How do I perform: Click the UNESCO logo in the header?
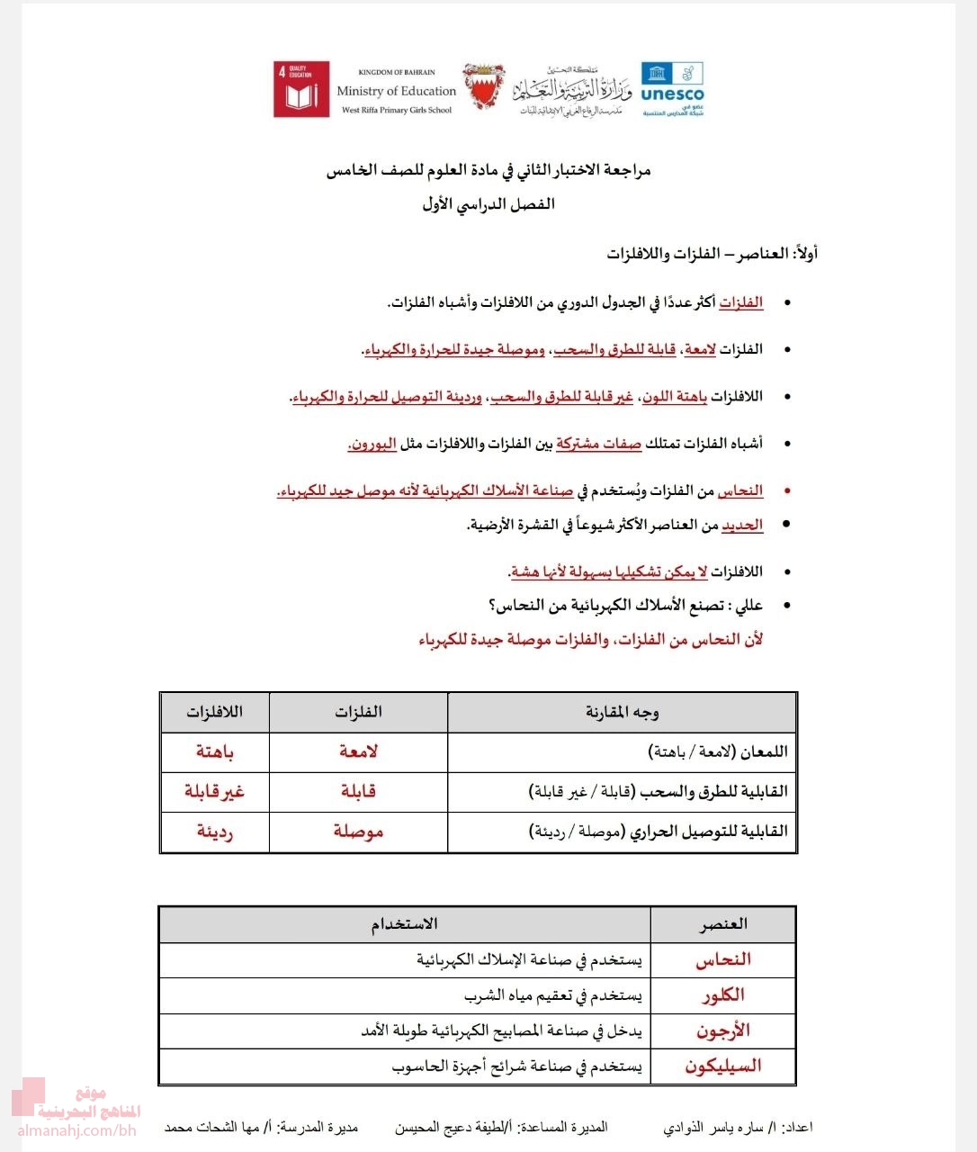click(x=672, y=88)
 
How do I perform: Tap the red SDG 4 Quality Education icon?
click(x=301, y=89)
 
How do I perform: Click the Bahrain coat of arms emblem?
click(x=484, y=87)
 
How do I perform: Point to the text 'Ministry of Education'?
click(x=396, y=91)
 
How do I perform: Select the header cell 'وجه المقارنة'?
click(x=622, y=713)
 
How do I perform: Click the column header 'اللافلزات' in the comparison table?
click(x=215, y=713)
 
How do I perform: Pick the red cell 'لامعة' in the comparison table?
click(x=358, y=751)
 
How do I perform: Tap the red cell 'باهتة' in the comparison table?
click(x=215, y=751)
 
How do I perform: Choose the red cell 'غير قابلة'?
click(x=215, y=791)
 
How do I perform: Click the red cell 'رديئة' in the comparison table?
click(x=215, y=832)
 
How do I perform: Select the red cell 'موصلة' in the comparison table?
click(x=358, y=832)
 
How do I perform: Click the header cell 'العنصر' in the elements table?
click(x=723, y=924)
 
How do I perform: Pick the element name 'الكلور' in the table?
click(x=723, y=995)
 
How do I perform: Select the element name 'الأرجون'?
click(x=723, y=1030)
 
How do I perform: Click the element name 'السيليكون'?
click(x=723, y=1066)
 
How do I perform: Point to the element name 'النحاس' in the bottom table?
click(x=723, y=960)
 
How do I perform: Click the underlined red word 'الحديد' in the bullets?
click(x=742, y=525)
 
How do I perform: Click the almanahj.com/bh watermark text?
click(x=76, y=1130)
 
